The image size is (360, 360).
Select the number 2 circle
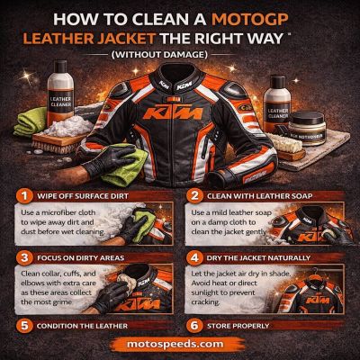tap(194, 193)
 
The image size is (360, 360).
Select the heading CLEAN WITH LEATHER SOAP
tap(265, 193)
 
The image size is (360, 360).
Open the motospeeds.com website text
tap(180, 346)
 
